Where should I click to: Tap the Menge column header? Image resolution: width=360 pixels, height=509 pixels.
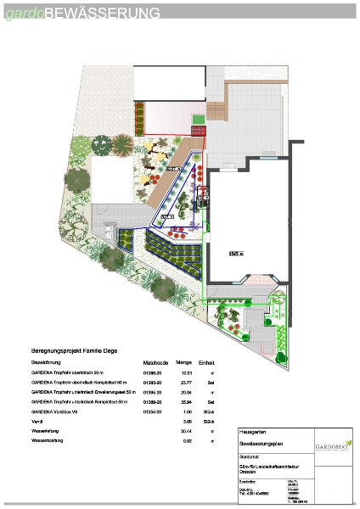[x=183, y=361]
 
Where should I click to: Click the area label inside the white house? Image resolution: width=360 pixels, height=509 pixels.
[x=235, y=252]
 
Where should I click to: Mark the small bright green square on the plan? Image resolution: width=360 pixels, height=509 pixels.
[x=198, y=119]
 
